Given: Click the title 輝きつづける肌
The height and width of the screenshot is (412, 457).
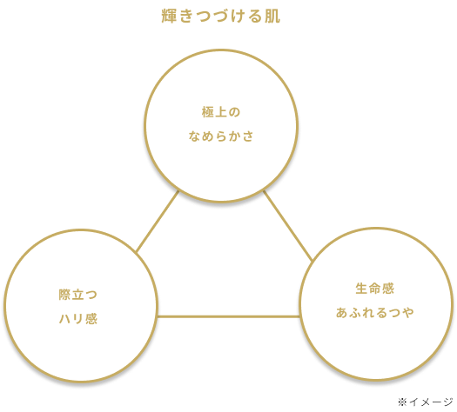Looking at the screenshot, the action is (221, 16).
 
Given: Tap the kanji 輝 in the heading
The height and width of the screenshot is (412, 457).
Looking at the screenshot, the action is (169, 16).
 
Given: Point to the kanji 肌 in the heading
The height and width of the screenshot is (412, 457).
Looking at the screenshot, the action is (272, 16).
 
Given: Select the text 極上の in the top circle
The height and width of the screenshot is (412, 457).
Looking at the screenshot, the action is (221, 112).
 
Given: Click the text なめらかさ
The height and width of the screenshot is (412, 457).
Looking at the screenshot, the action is (221, 136).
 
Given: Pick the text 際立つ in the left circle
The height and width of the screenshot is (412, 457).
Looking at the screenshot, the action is (78, 295).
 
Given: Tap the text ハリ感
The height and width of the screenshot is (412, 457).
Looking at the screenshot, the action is (78, 319).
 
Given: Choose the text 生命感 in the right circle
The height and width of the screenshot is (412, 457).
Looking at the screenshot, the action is (375, 289).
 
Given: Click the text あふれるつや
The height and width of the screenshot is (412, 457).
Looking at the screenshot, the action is (375, 313).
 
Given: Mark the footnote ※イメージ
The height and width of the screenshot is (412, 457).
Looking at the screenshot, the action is (426, 402).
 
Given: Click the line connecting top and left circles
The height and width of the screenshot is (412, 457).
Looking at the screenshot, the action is (158, 221).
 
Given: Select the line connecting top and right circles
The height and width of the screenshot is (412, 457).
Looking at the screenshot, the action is (288, 225).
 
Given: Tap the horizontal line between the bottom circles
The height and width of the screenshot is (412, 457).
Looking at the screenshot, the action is (228, 316).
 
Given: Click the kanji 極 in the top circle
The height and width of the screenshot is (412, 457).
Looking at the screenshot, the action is (208, 112).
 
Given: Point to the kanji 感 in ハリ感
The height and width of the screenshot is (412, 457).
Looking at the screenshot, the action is (91, 319).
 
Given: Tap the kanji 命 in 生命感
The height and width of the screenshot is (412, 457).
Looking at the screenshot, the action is (375, 289).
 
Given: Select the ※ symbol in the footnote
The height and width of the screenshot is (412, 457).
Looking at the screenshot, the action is (402, 402).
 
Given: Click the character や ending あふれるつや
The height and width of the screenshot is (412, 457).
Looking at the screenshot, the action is (407, 313).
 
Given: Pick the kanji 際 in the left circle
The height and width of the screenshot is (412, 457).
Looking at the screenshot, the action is (65, 295).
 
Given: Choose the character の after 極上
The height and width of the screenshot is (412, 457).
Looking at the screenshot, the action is (234, 112).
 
